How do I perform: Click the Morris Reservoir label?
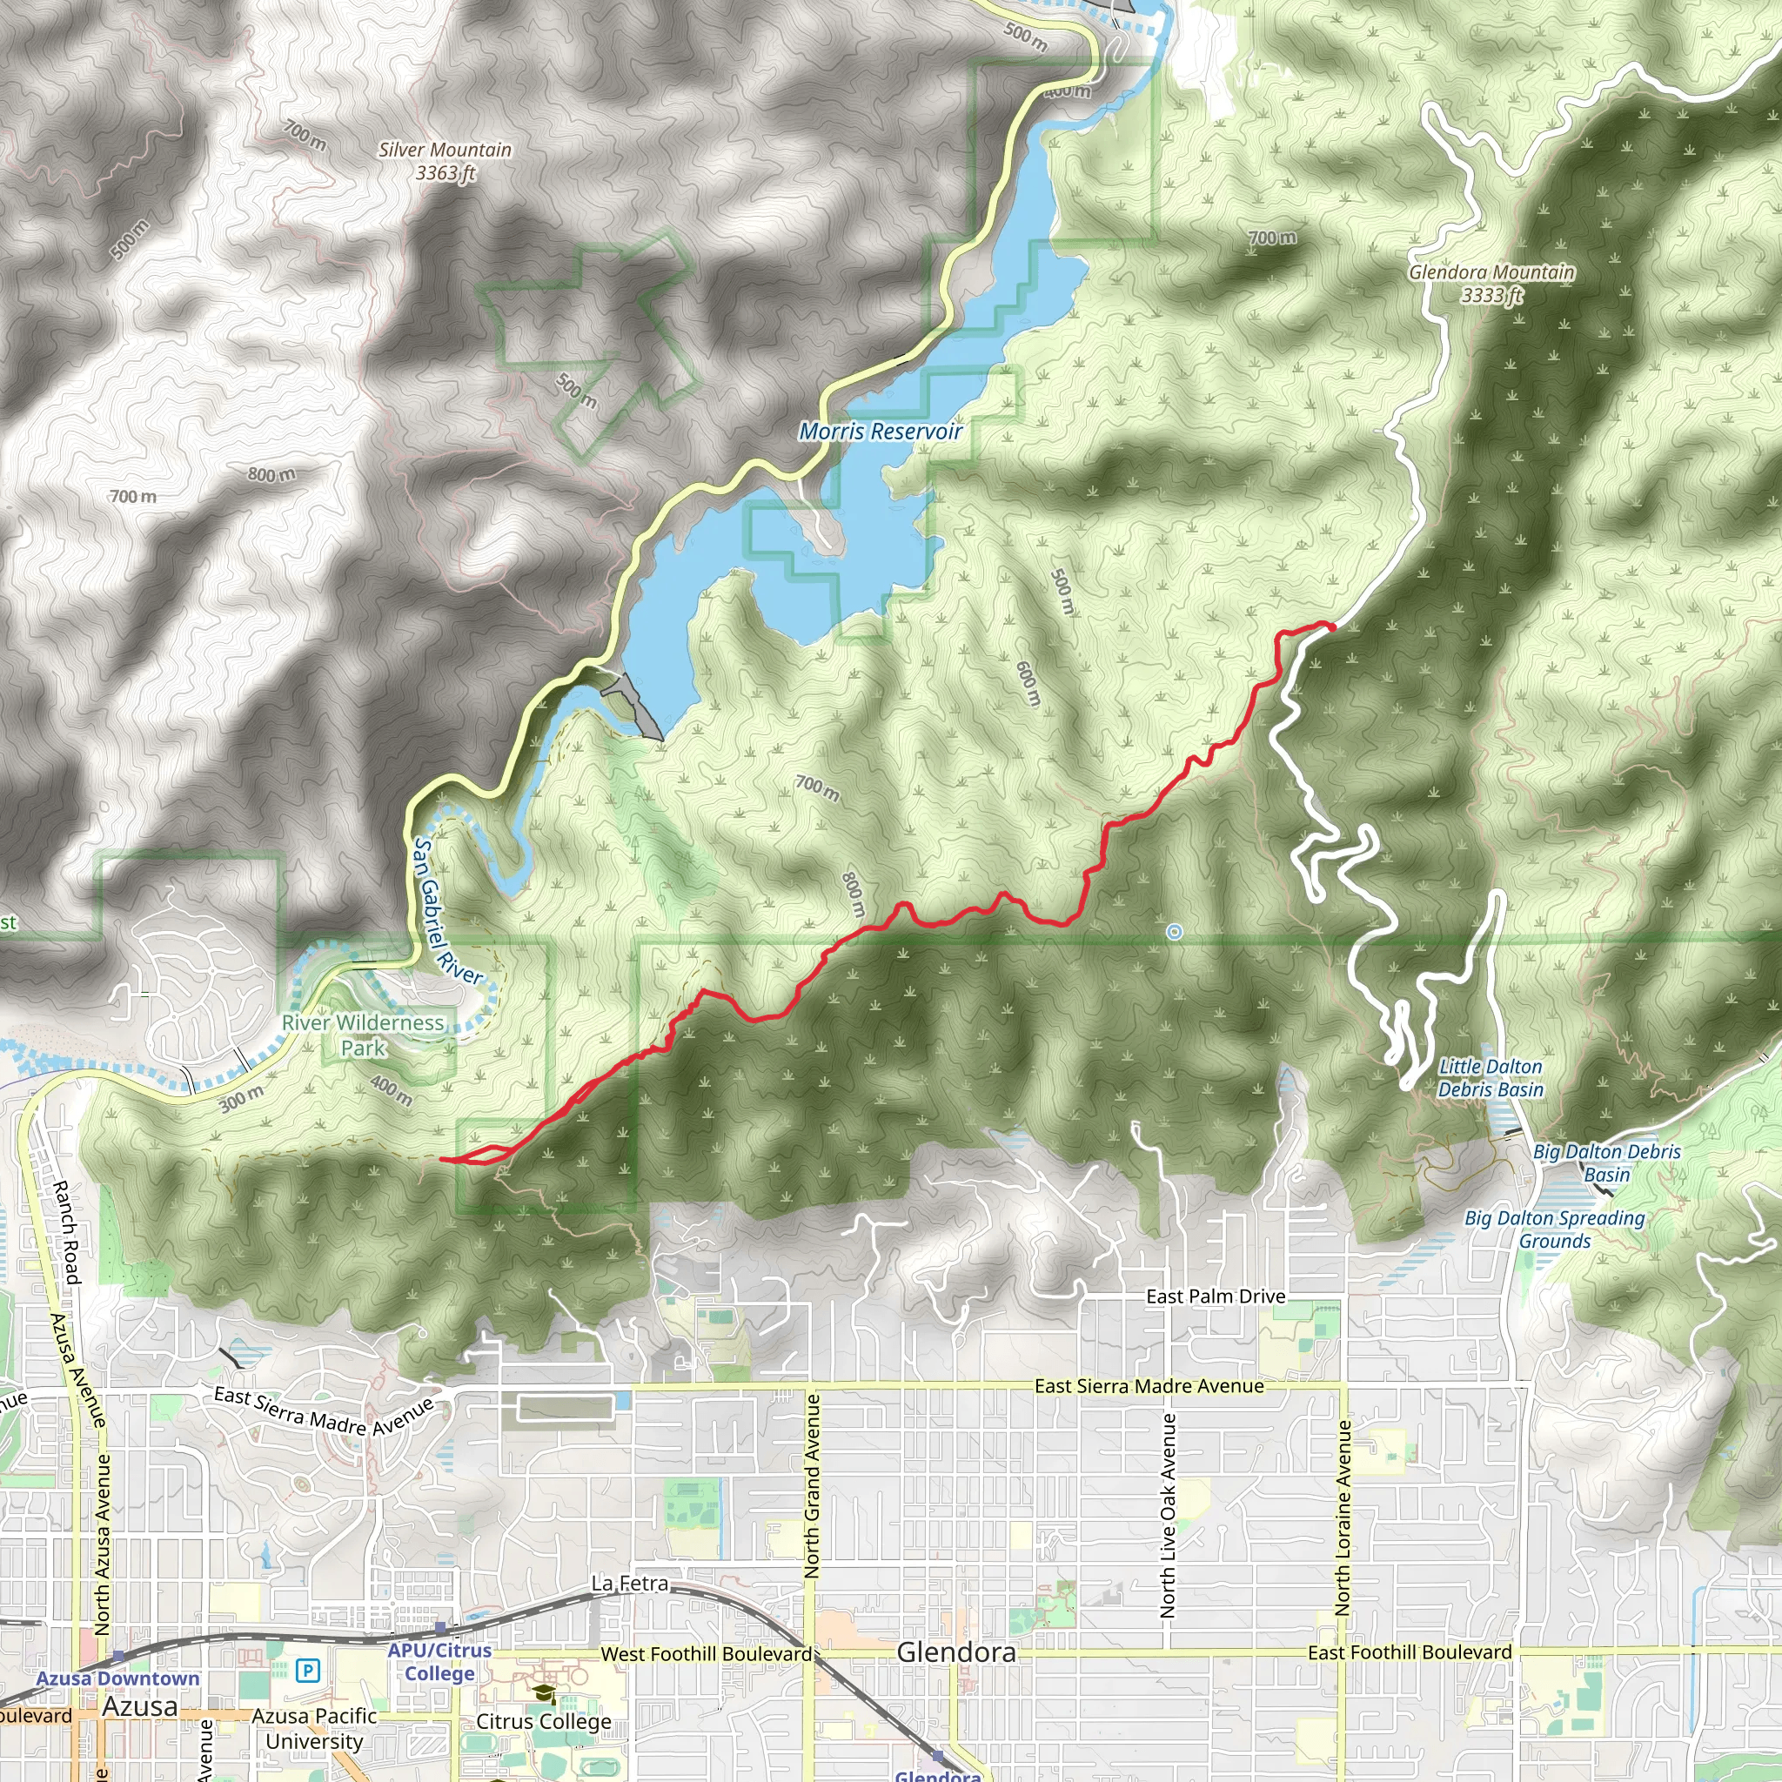[880, 432]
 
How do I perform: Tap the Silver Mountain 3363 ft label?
[445, 162]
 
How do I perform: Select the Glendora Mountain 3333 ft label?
[1491, 283]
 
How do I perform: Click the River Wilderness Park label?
[364, 1035]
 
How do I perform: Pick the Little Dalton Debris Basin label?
[1491, 1077]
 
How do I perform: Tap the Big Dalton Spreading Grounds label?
[1554, 1229]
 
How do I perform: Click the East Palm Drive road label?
[1216, 1296]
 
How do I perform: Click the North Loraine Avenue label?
[1342, 1517]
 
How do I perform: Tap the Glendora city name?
[956, 1653]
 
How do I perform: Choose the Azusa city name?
[139, 1707]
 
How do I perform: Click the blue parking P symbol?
[308, 1671]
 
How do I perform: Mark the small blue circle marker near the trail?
[1174, 933]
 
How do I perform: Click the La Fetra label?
[630, 1584]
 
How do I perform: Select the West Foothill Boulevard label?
[706, 1655]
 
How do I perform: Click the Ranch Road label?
[65, 1232]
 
